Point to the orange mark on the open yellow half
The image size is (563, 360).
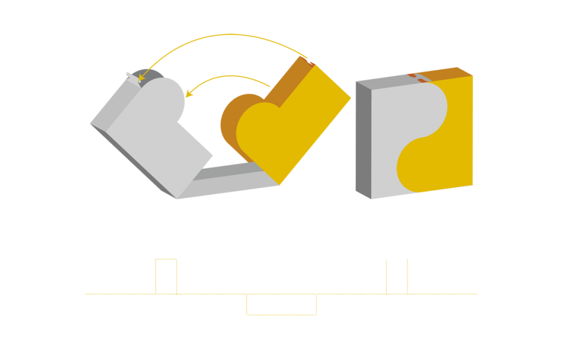311,64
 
